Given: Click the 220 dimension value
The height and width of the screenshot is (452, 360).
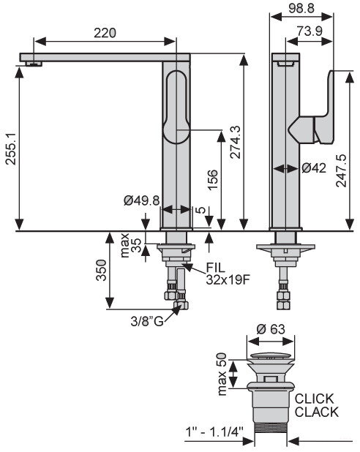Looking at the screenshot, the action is click(x=105, y=33).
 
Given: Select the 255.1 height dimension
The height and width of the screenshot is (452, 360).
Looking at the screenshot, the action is click(x=11, y=148).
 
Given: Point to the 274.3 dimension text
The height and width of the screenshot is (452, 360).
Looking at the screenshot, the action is click(x=236, y=142).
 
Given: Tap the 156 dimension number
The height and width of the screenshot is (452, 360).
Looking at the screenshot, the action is click(x=212, y=180).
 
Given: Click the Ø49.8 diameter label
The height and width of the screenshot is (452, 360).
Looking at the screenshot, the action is click(x=142, y=200).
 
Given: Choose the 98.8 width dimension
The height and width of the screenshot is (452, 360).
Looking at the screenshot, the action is click(x=301, y=8).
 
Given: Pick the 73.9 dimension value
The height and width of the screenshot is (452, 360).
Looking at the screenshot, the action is click(x=310, y=31).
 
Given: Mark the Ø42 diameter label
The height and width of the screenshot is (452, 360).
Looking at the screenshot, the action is click(x=314, y=167).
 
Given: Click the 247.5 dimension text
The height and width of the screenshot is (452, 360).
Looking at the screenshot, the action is click(x=342, y=170).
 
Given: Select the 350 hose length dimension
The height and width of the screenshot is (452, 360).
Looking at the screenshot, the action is click(x=102, y=271).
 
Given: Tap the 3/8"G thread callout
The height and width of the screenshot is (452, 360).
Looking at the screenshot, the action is click(x=147, y=321).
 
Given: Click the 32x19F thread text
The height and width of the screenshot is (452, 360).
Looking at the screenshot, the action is click(x=228, y=279).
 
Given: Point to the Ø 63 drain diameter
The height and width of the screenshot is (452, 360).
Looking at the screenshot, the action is click(x=271, y=329).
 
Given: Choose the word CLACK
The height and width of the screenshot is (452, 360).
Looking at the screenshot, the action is click(x=316, y=412).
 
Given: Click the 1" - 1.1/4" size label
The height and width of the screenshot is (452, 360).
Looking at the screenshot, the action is click(x=214, y=432).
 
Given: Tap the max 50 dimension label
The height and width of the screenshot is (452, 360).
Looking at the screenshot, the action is click(x=222, y=374).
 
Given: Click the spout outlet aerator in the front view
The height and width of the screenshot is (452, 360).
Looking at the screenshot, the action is click(x=34, y=64).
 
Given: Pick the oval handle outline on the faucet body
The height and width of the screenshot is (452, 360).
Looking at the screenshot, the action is click(x=176, y=107).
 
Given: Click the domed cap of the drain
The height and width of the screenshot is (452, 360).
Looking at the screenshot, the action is click(x=271, y=356).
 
